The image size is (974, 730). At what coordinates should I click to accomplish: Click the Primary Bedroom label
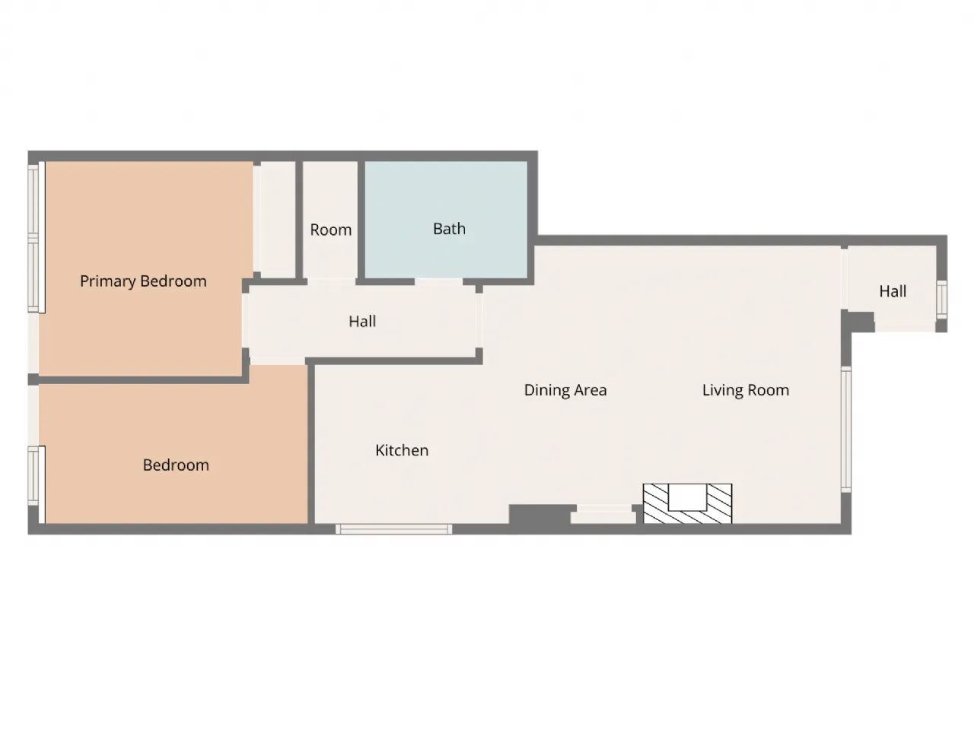tap(143, 281)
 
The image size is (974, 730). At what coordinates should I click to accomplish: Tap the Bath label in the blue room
tap(449, 229)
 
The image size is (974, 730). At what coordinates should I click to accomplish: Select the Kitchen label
tap(402, 450)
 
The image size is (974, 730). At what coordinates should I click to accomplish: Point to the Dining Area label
tap(565, 390)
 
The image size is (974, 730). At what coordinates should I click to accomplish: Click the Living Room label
tap(745, 390)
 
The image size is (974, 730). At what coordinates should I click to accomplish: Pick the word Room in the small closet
tap(330, 230)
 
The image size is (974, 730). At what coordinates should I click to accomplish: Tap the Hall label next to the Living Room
tap(893, 291)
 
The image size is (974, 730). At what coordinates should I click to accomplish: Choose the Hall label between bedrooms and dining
tap(362, 321)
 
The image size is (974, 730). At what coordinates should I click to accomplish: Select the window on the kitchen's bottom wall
tap(394, 529)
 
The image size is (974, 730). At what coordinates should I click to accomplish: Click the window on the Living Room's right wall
tap(845, 428)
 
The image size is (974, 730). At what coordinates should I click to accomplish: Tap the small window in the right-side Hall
tap(942, 298)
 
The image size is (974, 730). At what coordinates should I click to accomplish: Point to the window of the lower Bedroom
tap(33, 475)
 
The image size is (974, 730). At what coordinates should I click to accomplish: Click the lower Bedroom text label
tap(176, 465)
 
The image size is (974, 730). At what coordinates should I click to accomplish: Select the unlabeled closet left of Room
tap(275, 219)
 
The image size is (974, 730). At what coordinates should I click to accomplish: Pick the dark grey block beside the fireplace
tap(539, 515)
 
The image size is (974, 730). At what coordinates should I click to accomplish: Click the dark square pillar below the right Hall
tap(861, 322)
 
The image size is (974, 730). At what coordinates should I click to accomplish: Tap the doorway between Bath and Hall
tap(438, 281)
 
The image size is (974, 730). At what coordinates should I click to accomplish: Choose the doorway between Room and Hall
tap(331, 281)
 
